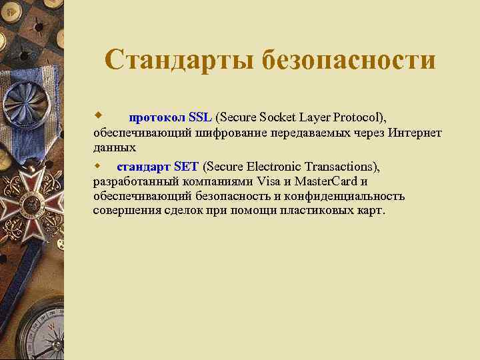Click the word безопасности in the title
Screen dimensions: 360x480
[348, 60]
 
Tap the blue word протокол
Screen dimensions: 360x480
[157, 118]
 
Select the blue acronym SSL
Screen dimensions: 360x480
[200, 118]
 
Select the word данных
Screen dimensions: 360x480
[115, 147]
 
